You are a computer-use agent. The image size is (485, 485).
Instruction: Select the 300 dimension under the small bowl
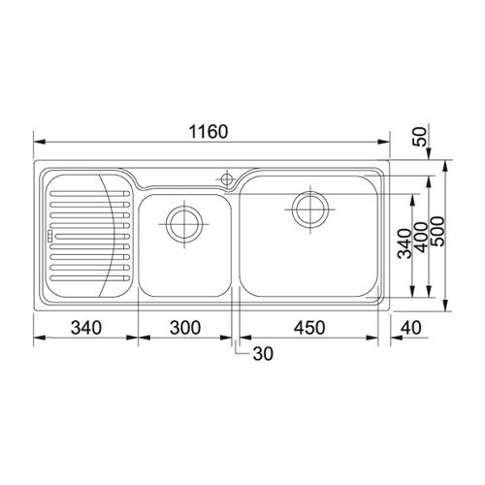click(x=183, y=328)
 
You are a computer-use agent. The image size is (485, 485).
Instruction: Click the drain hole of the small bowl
click(x=183, y=223)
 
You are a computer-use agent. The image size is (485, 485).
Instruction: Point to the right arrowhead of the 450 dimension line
click(x=378, y=339)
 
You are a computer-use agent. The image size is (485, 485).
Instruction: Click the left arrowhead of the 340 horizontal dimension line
click(x=38, y=339)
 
